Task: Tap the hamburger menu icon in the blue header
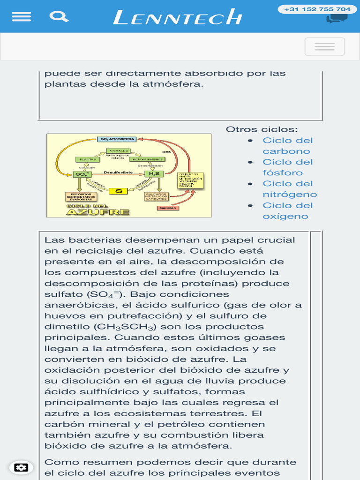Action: [x=22, y=16]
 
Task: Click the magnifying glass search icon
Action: [x=59, y=17]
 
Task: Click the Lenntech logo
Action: [x=178, y=18]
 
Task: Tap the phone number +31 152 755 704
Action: [x=317, y=9]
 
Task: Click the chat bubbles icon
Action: [x=337, y=19]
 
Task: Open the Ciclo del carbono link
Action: [x=287, y=146]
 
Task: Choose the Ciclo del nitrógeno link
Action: [x=289, y=189]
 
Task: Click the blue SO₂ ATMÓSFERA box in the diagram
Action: [x=117, y=139]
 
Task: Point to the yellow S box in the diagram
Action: [x=119, y=191]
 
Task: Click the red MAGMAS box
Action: [x=167, y=208]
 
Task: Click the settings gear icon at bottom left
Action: [x=21, y=467]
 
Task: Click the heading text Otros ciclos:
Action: [x=262, y=129]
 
